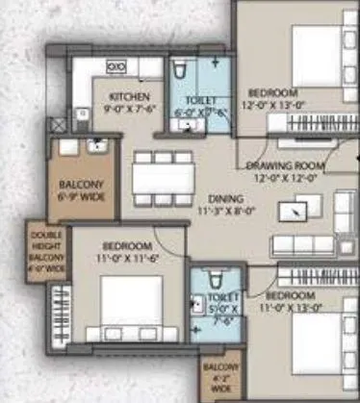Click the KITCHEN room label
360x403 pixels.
[x=128, y=97]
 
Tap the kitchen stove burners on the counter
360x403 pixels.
[x=116, y=65]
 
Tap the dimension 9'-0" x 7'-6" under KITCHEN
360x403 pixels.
[x=128, y=109]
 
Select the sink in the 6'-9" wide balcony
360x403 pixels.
[x=95, y=147]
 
